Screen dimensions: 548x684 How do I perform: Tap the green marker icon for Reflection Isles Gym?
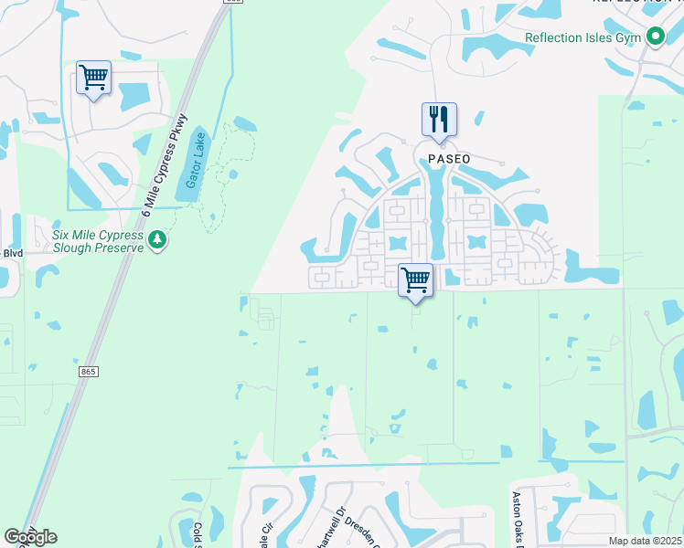pos(655,37)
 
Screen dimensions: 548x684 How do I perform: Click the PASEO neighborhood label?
pos(449,159)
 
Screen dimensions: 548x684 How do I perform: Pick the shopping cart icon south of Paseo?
pos(416,279)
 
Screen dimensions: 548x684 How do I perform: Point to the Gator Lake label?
pos(197,161)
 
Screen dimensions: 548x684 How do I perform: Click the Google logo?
pos(30,537)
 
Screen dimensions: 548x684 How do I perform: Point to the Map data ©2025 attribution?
pos(645,541)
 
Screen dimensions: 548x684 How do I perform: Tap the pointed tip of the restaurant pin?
pos(439,143)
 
